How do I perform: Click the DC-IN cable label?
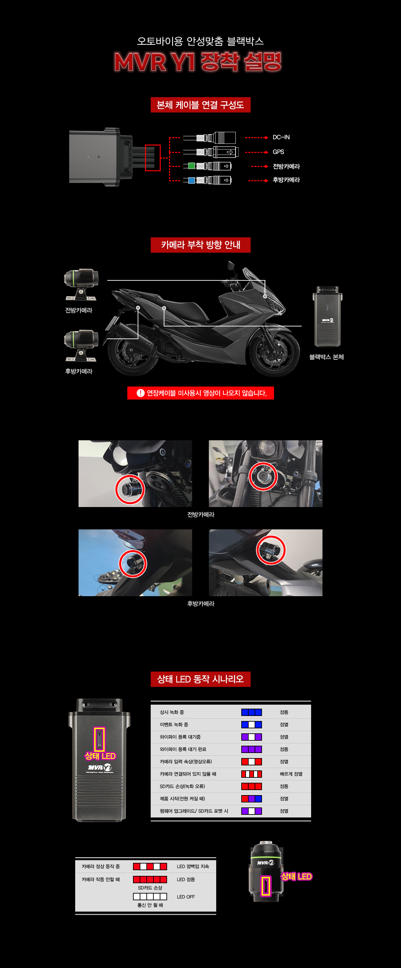[x=281, y=137]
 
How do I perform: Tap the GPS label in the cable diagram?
[x=278, y=152]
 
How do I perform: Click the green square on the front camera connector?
[x=191, y=166]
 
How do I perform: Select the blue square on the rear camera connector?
[x=191, y=180]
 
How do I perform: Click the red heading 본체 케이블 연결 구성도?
[x=200, y=105]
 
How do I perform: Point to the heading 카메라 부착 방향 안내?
[x=200, y=245]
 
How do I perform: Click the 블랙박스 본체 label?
[x=326, y=357]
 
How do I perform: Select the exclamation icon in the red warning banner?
[x=141, y=393]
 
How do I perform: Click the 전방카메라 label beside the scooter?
[x=79, y=310]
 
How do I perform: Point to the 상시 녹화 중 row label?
[x=172, y=712]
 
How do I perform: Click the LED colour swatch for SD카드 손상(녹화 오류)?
[x=252, y=786]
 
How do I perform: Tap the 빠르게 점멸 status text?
[x=291, y=774]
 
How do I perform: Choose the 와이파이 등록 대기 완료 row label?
[x=183, y=749]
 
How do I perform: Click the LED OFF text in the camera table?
[x=186, y=897]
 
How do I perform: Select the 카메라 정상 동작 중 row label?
[x=101, y=866]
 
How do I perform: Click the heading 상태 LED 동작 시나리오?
[x=200, y=679]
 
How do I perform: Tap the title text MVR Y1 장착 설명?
[x=198, y=62]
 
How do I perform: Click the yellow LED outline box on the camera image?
[x=266, y=886]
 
